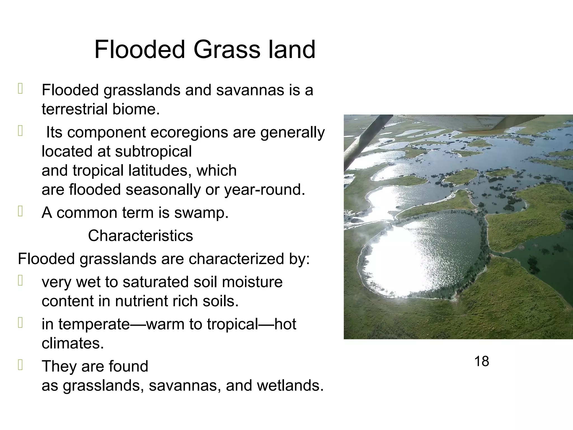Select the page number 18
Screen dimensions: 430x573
[482, 361]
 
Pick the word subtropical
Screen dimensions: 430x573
[153, 151]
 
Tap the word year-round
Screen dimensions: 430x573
[264, 190]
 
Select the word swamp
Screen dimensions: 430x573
[201, 213]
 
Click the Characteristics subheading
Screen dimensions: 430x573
[140, 236]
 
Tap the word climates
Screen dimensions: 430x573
[73, 343]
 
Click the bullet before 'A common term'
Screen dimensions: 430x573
[20, 212]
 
